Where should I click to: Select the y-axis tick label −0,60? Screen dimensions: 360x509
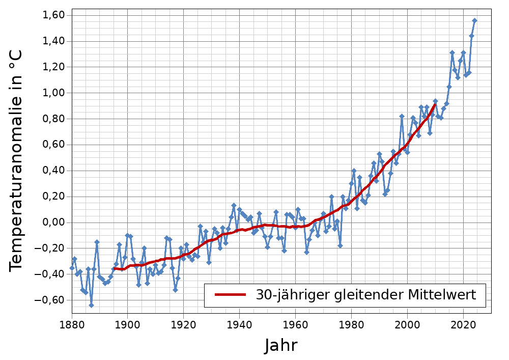tap(50, 300)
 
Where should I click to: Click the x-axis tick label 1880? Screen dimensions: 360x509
tap(72, 324)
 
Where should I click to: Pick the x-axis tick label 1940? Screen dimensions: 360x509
tap(239, 324)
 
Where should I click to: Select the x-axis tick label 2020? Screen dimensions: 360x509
tap(463, 324)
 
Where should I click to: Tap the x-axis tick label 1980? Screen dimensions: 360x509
tap(351, 324)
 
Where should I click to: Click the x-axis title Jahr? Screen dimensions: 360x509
tap(281, 346)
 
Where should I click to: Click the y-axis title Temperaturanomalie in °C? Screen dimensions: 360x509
tap(16, 161)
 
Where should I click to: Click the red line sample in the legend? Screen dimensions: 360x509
tap(230, 295)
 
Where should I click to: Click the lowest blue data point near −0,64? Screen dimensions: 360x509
tap(91, 305)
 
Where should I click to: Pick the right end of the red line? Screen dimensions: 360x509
tap(435, 104)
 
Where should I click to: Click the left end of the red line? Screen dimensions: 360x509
tap(114, 268)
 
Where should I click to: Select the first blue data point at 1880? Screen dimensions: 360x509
tap(72, 268)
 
